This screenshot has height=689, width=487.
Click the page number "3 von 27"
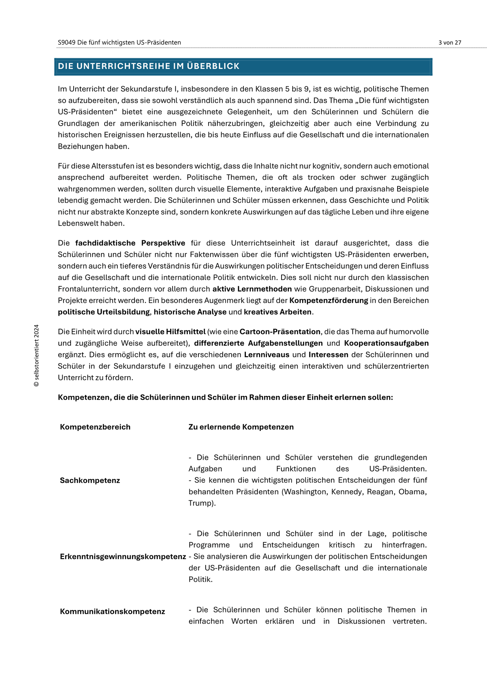click(450, 42)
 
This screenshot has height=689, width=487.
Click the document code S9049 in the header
click(67, 42)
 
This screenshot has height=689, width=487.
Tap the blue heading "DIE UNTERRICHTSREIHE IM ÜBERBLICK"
click(149, 66)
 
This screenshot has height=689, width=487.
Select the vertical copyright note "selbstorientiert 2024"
click(36, 355)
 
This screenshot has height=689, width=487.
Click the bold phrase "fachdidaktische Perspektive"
click(130, 243)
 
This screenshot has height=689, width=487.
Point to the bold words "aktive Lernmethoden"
click(252, 289)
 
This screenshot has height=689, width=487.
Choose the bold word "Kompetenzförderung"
click(329, 300)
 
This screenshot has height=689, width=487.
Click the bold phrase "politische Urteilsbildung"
click(104, 312)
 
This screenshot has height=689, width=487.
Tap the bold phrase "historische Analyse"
click(190, 312)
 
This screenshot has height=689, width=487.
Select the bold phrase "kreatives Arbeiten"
click(278, 312)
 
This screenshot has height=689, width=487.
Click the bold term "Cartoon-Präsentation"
click(280, 332)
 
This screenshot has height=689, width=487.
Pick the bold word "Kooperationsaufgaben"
click(386, 343)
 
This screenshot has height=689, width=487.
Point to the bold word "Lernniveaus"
click(267, 355)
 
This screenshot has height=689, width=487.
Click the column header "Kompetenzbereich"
click(95, 427)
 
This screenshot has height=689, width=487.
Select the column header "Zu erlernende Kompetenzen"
click(241, 427)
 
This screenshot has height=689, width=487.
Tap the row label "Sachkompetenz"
click(90, 480)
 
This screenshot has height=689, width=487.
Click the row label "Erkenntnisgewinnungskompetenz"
click(123, 556)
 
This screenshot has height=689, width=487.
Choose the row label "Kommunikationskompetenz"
click(112, 611)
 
